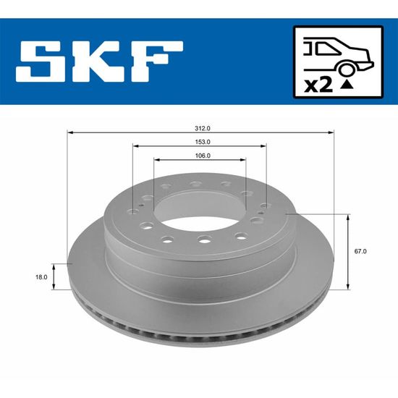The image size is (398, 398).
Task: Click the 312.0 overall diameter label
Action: point(203,128)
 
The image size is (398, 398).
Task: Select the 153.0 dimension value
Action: point(203,142)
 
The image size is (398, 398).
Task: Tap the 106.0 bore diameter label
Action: point(203,156)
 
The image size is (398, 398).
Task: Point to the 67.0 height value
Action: point(360,251)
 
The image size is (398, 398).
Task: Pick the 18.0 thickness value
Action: point(41,277)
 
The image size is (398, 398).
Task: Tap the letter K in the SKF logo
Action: point(99,62)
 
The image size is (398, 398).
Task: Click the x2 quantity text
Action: point(318,85)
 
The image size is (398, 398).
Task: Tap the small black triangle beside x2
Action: point(347,85)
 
